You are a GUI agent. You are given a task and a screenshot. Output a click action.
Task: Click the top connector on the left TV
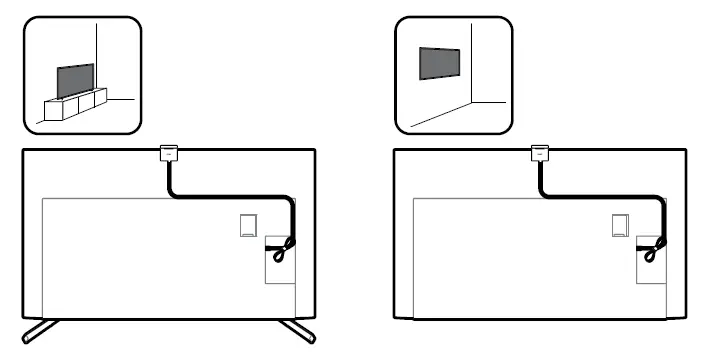(x=168, y=153)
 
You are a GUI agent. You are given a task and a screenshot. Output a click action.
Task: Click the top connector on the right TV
(x=540, y=153)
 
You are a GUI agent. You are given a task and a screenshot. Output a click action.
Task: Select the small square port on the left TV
(x=247, y=224)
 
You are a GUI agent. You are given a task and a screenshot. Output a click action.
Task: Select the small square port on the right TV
(x=619, y=224)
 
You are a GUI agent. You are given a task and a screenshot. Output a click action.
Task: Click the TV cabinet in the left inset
(x=73, y=106)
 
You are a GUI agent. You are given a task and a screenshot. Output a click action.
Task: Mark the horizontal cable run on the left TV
(x=230, y=197)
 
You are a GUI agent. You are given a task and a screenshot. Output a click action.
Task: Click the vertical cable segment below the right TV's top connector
(x=541, y=178)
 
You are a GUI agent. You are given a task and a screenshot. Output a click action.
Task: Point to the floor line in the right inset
(x=440, y=117)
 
